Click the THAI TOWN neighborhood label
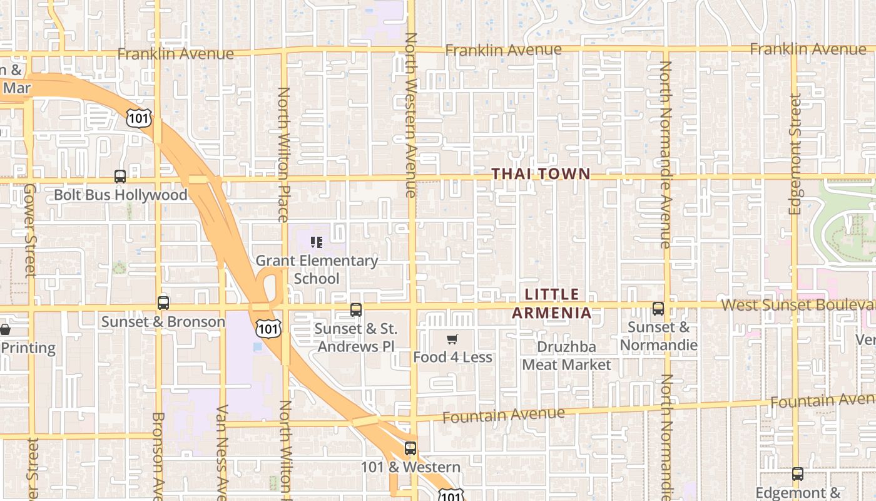click(x=541, y=173)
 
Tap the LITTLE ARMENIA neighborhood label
click(x=552, y=304)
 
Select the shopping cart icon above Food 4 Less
click(x=452, y=339)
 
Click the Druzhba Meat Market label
click(x=566, y=356)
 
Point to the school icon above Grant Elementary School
click(x=317, y=242)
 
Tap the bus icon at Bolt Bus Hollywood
click(x=120, y=177)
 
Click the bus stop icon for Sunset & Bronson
click(x=163, y=303)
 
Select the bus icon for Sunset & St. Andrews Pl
click(x=356, y=309)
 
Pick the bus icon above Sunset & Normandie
click(x=658, y=308)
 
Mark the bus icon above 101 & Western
click(x=410, y=448)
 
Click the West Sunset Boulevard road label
click(x=798, y=305)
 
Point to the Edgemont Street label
click(x=795, y=154)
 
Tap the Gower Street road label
click(x=29, y=230)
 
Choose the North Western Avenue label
click(x=410, y=115)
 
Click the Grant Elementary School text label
click(x=317, y=269)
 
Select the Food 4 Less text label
click(x=452, y=358)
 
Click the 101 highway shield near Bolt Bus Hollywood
click(x=139, y=117)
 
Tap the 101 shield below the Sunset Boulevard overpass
click(x=268, y=328)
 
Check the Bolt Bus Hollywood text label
click(x=121, y=195)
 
